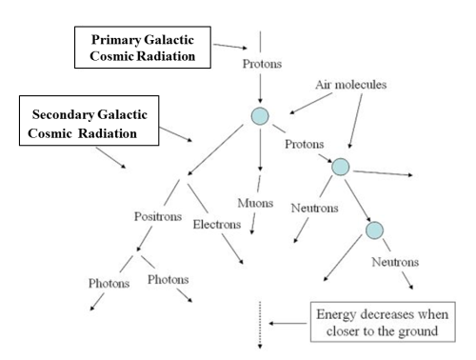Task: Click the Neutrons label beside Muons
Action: pos(310,205)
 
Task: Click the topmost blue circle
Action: pos(260,116)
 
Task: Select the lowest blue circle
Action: pos(374,230)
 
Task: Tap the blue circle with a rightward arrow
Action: pos(340,168)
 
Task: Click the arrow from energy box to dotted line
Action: pos(287,323)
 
